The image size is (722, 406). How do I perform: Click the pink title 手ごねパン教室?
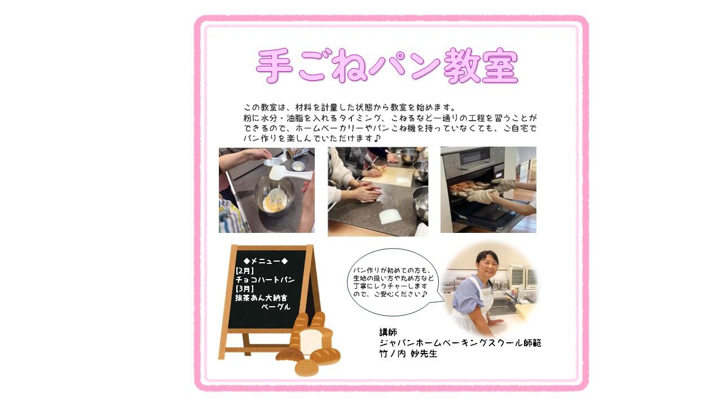pyautogui.click(x=387, y=66)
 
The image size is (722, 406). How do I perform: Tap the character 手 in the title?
pyautogui.click(x=275, y=66)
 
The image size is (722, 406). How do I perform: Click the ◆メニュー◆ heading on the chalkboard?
pyautogui.click(x=266, y=261)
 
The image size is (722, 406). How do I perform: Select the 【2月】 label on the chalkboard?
pyautogui.click(x=245, y=271)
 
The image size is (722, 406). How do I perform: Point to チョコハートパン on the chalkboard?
pyautogui.click(x=265, y=280)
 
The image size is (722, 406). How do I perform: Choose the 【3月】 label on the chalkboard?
pyautogui.click(x=245, y=289)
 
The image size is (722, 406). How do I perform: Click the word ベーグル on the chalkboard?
pyautogui.click(x=276, y=307)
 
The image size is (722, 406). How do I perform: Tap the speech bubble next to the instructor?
pyautogui.click(x=394, y=282)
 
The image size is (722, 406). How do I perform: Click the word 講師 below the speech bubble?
pyautogui.click(x=388, y=332)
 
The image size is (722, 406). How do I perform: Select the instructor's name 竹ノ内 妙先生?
pyautogui.click(x=408, y=354)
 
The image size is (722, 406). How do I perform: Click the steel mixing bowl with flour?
pyautogui.click(x=274, y=195)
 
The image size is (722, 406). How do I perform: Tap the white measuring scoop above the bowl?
pyautogui.click(x=288, y=174)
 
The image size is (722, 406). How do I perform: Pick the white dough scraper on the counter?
pyautogui.click(x=390, y=217)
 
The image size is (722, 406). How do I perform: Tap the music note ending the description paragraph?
pyautogui.click(x=378, y=138)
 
